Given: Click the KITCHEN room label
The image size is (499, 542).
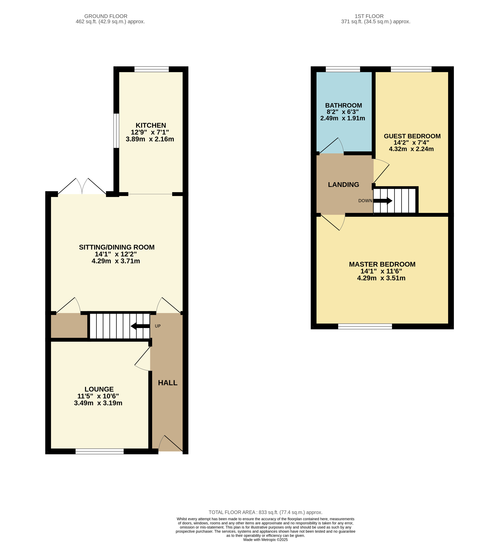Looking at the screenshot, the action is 151,125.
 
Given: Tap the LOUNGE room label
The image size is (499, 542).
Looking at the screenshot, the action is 99,389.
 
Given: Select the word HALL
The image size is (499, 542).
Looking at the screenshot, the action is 168,383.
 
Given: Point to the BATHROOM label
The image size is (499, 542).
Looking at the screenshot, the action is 343,105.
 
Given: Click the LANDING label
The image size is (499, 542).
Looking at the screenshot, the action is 343,184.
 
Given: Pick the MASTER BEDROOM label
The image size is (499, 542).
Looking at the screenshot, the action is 382,264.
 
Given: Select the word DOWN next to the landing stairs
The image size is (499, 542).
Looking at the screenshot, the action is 365,201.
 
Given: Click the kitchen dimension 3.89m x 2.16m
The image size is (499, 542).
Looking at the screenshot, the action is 150,139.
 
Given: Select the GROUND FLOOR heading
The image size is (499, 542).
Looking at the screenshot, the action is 106,16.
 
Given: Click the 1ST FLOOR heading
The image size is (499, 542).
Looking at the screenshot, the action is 369,16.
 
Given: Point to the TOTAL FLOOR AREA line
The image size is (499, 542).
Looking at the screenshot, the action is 265,512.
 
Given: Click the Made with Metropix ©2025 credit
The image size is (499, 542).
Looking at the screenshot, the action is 265,540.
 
